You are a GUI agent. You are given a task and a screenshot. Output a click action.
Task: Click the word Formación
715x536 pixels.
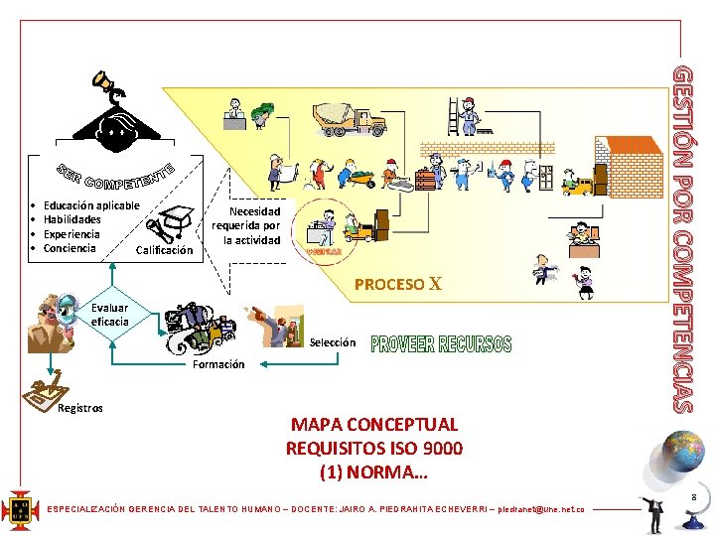click(x=218, y=364)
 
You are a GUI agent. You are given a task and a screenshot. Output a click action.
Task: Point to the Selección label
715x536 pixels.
click(x=332, y=342)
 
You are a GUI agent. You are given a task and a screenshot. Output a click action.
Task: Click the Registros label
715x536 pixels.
click(x=79, y=408)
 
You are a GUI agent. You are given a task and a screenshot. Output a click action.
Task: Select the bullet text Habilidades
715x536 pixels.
click(x=71, y=219)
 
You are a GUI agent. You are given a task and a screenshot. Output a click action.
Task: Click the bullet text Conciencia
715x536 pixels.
click(x=70, y=247)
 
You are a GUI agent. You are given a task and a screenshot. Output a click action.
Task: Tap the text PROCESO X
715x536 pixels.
click(x=397, y=284)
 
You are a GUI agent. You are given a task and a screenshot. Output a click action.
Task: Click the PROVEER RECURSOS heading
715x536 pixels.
click(x=441, y=344)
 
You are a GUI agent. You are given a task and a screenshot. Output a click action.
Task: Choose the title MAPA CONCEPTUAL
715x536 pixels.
click(x=374, y=424)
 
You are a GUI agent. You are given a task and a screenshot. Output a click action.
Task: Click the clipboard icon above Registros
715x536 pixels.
click(x=44, y=393)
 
